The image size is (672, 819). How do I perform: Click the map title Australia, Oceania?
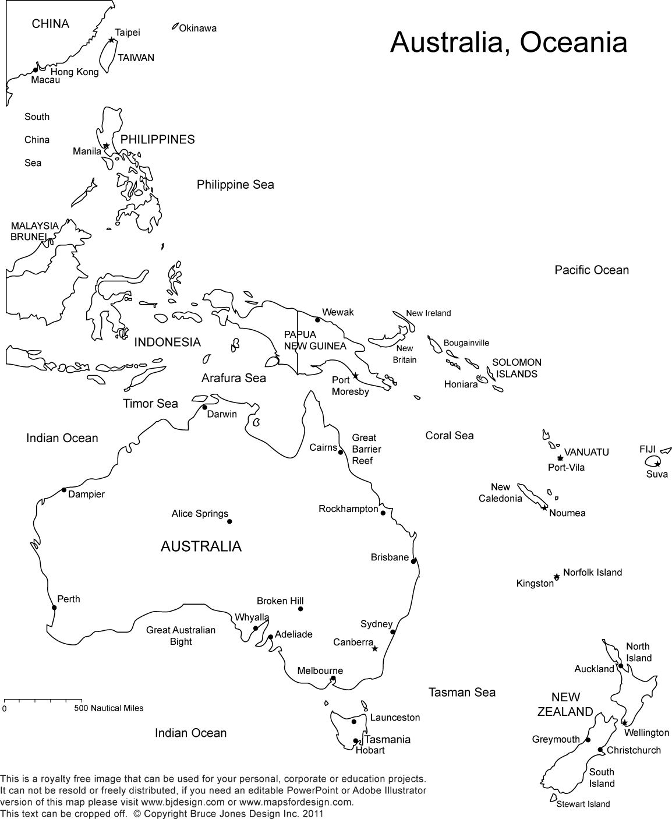point(508,42)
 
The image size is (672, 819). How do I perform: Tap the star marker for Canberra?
point(375,648)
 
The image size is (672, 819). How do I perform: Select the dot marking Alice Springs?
point(229,521)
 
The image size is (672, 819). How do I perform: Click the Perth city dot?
point(54,608)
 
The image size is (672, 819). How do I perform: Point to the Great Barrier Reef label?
point(366,449)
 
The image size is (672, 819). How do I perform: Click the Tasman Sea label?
point(462,692)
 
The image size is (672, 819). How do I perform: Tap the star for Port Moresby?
point(355,376)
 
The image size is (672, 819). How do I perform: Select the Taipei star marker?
point(112,40)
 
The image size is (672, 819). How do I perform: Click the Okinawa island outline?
point(175,26)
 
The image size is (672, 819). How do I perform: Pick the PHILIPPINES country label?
point(157,139)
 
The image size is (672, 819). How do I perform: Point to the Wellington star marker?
point(624,723)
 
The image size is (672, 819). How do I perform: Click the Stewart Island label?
point(583,804)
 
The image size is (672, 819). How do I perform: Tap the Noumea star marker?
point(544,508)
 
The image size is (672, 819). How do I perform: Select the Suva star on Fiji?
point(657,464)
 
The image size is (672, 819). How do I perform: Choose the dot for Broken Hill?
point(300,609)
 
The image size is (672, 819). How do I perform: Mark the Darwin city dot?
point(204,407)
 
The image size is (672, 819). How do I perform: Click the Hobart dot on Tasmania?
point(355,742)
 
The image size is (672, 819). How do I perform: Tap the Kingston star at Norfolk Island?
point(557,577)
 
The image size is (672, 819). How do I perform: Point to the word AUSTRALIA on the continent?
point(201,546)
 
